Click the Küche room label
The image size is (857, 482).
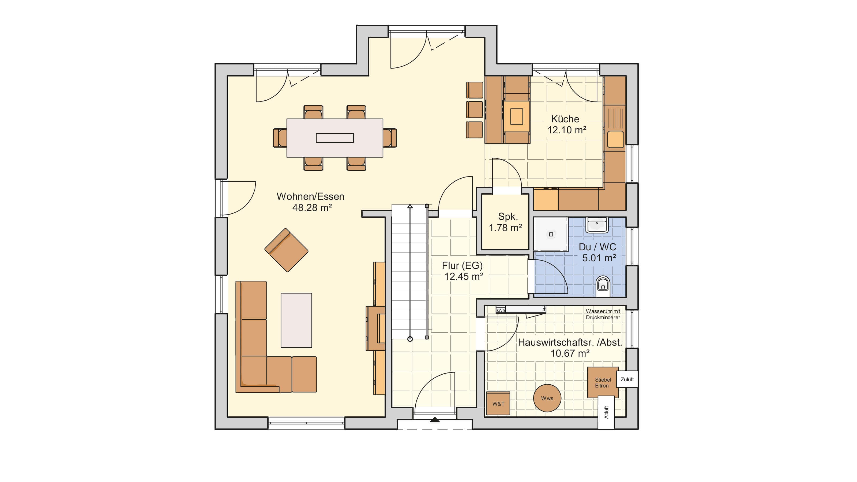[x=565, y=119]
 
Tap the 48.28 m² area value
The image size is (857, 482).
[x=312, y=208]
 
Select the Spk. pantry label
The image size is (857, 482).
[x=508, y=217]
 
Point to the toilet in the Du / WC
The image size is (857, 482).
[x=603, y=286]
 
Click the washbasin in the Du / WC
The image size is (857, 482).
[x=597, y=225]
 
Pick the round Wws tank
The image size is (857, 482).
[x=547, y=398]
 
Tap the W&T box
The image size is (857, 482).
[x=498, y=404]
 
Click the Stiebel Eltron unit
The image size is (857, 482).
[x=603, y=383]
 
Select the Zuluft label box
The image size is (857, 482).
[x=627, y=379]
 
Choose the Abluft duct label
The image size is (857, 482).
[x=606, y=412]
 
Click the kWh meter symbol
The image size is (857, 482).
[x=501, y=310]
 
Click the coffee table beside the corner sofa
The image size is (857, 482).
[x=296, y=320]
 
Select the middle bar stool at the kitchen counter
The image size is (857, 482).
[x=474, y=110]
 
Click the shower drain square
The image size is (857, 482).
[x=551, y=235]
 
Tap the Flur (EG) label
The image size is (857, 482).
[x=462, y=265]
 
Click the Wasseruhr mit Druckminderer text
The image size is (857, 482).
[x=603, y=314]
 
